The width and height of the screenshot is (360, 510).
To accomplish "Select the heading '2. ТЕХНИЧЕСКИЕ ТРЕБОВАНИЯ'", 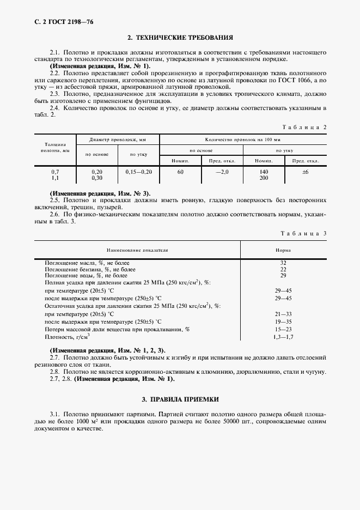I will click(180, 38).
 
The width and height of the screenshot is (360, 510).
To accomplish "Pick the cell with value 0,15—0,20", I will click(138, 172).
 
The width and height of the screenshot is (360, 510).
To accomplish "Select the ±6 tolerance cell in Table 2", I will click(305, 172).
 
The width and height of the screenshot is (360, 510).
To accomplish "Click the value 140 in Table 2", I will click(264, 172).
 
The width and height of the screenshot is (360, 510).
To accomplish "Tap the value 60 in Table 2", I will click(180, 172).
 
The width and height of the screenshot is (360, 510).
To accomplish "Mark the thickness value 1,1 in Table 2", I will click(55, 178).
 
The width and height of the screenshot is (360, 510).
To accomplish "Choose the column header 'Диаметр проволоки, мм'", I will click(118, 139).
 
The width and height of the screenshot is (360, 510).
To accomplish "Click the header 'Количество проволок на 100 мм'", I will click(243, 139).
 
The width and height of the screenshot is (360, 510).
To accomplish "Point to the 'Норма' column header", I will click(283, 250).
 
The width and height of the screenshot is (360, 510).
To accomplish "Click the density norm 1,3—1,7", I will click(283, 338).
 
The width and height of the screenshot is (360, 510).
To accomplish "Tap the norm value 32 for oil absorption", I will click(283, 263).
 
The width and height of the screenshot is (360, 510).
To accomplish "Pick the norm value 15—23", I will click(283, 330).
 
